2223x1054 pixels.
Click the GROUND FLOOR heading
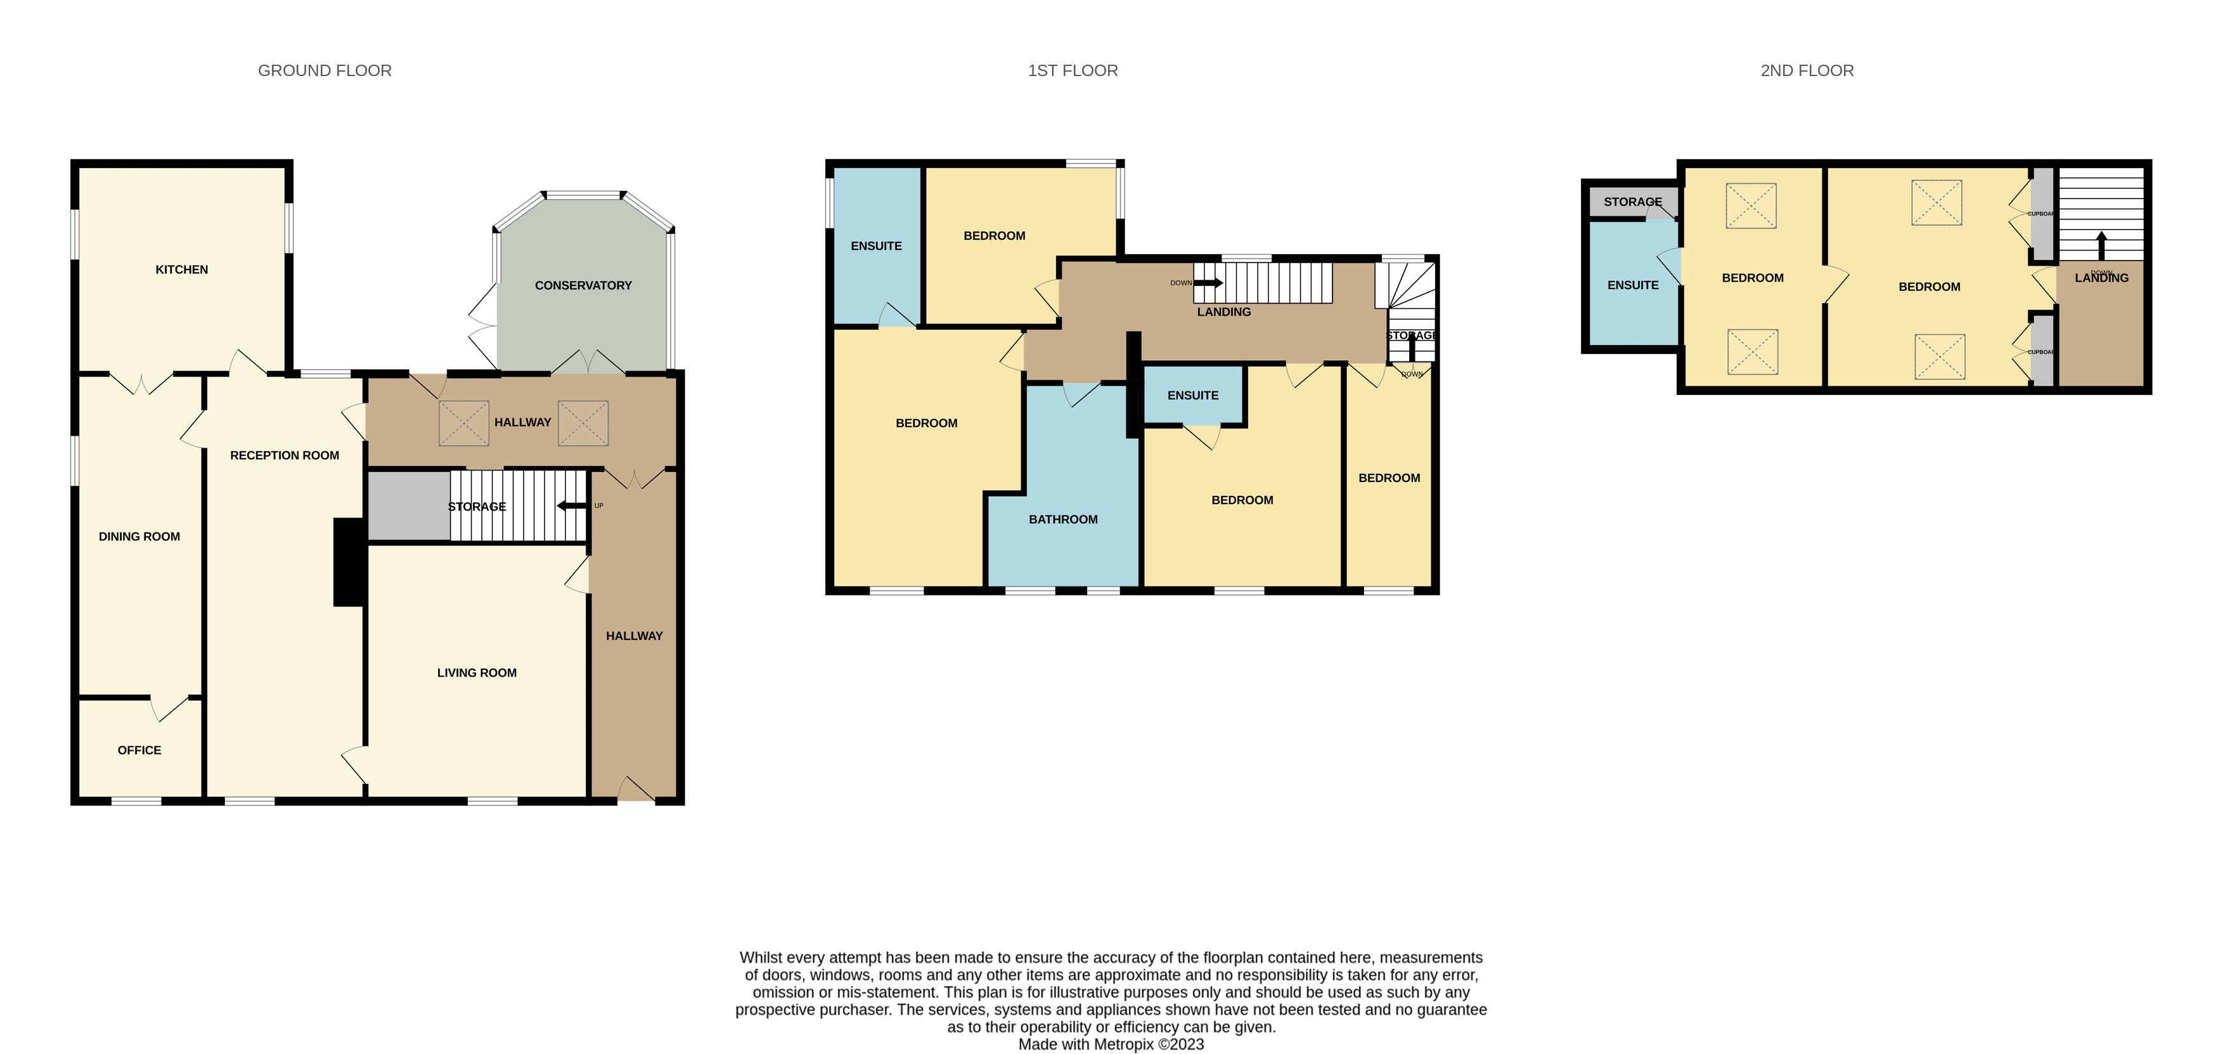coord(325,71)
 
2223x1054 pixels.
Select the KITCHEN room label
coord(181,270)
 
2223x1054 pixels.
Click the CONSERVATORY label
coord(583,285)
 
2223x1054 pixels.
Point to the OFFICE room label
coord(139,750)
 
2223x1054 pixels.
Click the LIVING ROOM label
coord(477,672)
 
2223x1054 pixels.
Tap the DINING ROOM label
coord(139,536)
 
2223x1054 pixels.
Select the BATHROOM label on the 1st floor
coord(1062,519)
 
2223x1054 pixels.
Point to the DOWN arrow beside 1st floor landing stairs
coord(1208,282)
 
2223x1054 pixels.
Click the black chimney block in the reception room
coord(348,562)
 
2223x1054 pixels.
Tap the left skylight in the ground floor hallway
coord(463,423)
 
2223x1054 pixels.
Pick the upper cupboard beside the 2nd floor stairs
coord(2042,214)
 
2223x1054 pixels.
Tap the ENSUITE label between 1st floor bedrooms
coord(1192,395)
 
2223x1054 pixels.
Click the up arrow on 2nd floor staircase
coord(2101,245)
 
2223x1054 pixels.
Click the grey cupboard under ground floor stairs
coord(408,506)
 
